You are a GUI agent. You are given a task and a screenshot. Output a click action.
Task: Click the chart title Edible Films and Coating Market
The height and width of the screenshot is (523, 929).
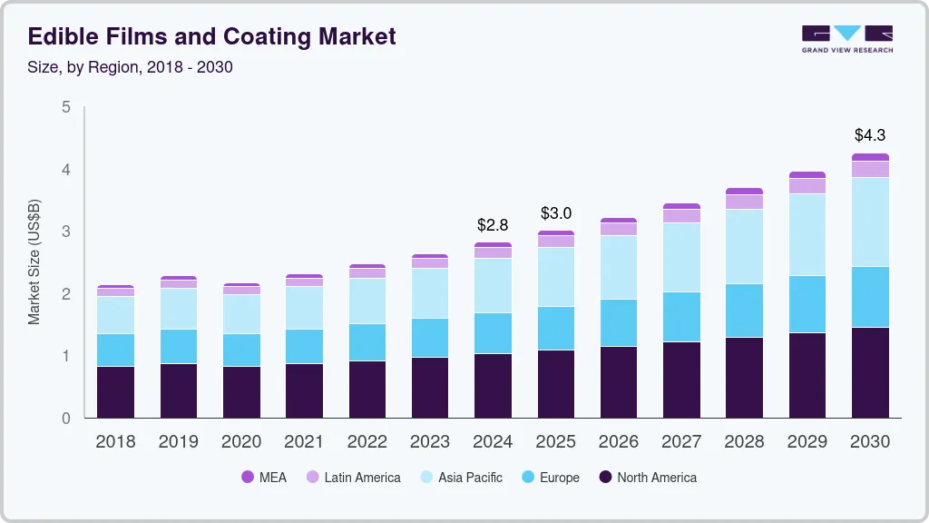click(x=212, y=37)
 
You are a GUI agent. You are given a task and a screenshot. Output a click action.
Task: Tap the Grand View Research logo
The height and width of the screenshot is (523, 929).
click(x=846, y=38)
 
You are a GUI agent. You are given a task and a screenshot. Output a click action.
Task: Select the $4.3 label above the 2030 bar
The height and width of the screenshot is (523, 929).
click(x=870, y=135)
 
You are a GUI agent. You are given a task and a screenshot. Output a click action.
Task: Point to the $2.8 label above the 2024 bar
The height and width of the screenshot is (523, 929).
click(x=493, y=224)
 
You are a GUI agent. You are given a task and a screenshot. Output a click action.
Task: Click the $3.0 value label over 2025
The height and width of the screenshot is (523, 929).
click(x=556, y=213)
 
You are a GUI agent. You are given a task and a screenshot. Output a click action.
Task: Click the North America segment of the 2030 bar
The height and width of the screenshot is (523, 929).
click(x=870, y=372)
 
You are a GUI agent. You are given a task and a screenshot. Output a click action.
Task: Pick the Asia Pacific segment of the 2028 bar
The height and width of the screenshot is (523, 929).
click(x=744, y=246)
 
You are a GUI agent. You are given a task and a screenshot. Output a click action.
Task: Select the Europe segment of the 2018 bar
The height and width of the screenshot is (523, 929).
click(x=115, y=350)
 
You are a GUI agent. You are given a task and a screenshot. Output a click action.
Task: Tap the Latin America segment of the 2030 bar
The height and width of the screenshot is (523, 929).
click(x=870, y=169)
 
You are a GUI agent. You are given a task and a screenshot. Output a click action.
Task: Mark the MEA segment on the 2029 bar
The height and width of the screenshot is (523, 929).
click(x=807, y=174)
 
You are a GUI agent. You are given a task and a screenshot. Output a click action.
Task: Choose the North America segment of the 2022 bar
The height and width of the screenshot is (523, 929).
click(x=367, y=389)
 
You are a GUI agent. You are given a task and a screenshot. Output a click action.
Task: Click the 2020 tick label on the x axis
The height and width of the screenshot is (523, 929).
click(x=241, y=442)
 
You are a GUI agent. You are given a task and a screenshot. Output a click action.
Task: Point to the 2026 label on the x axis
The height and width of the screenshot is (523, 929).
click(x=619, y=442)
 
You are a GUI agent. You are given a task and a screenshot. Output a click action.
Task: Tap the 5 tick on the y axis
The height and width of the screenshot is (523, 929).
click(x=65, y=107)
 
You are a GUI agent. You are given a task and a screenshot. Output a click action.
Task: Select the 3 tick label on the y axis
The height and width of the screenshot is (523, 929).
click(x=65, y=232)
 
